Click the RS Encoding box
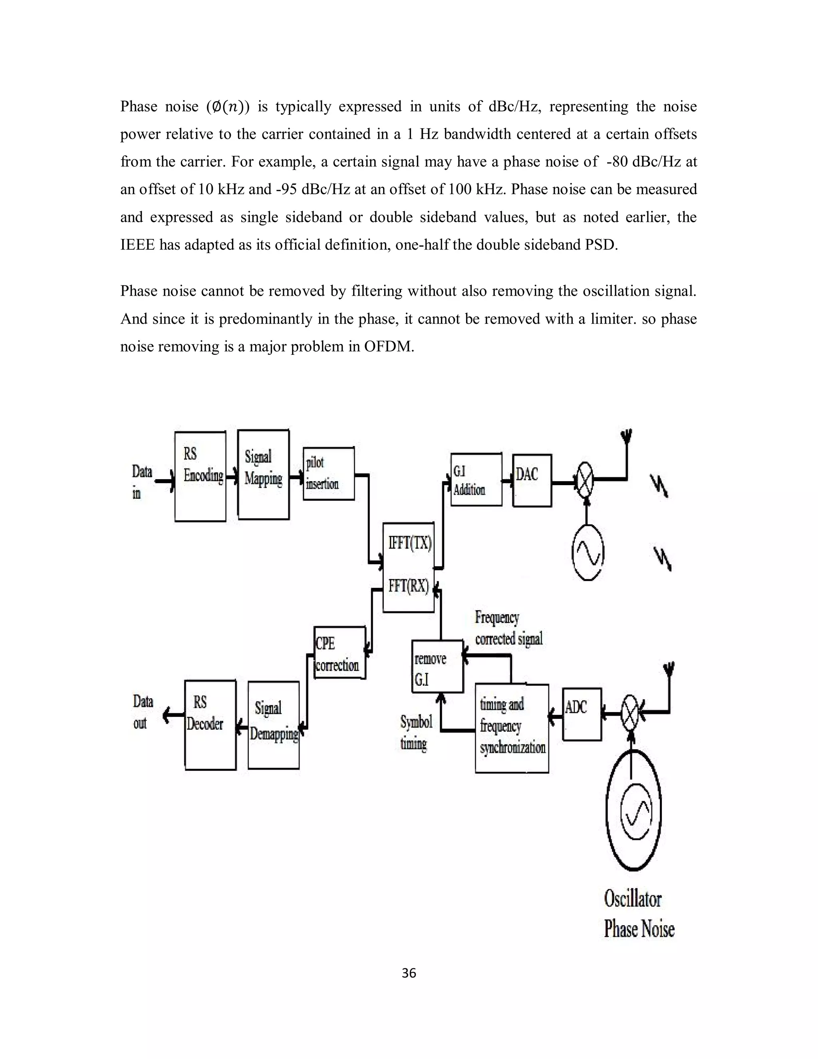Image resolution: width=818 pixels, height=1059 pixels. pyautogui.click(x=200, y=476)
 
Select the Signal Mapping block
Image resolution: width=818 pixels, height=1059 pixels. pyautogui.click(x=263, y=474)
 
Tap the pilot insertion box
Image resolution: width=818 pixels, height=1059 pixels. pyautogui.click(x=329, y=473)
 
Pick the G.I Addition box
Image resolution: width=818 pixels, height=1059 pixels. pyautogui.click(x=476, y=480)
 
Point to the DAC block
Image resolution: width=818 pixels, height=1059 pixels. pyautogui.click(x=532, y=480)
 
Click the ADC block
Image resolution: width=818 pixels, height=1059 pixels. pyautogui.click(x=582, y=714)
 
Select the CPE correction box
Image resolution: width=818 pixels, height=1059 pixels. pyautogui.click(x=339, y=652)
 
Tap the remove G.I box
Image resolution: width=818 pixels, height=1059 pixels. pyautogui.click(x=437, y=666)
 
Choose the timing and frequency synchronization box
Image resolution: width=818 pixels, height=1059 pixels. pyautogui.click(x=512, y=728)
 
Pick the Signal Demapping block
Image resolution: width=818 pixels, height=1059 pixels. pyautogui.click(x=273, y=725)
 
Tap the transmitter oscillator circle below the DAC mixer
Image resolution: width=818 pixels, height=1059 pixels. pyautogui.click(x=588, y=552)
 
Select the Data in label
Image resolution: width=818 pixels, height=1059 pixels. pyautogui.click(x=141, y=482)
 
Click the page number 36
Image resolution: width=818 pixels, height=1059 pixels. pyautogui.click(x=409, y=973)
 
